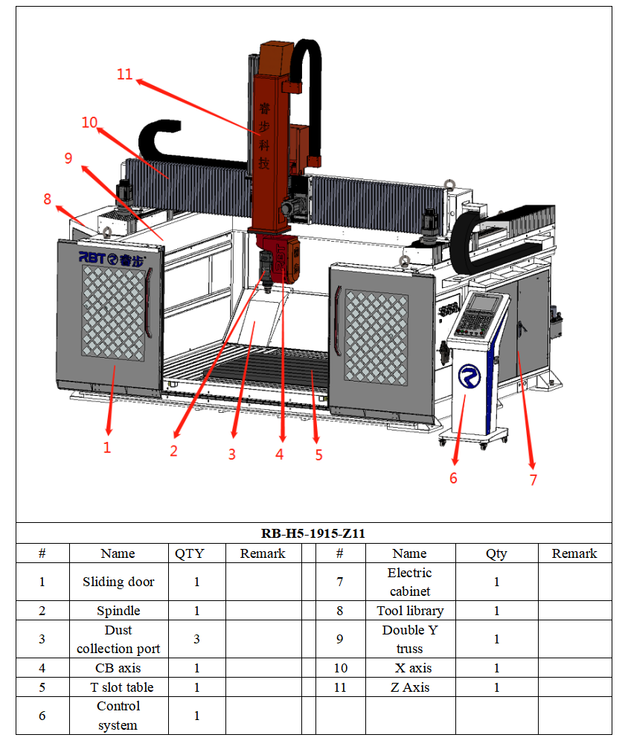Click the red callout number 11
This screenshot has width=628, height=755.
[124, 74]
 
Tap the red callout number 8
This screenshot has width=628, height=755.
[48, 199]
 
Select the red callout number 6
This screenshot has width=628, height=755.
[453, 478]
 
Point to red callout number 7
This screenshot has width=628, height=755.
[533, 480]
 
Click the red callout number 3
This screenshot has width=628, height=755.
[231, 454]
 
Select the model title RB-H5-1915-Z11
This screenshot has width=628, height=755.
[313, 533]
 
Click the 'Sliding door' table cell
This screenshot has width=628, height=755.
[118, 582]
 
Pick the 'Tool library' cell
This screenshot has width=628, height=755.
[409, 611]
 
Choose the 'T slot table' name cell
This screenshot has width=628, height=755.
[118, 687]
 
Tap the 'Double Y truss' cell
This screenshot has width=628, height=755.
[409, 639]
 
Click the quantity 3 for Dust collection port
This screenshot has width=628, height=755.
[197, 639]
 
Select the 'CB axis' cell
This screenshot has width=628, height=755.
[118, 668]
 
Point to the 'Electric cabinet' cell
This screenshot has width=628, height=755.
[409, 582]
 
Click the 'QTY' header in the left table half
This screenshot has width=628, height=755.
[190, 553]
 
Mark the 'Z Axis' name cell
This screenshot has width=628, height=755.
[409, 687]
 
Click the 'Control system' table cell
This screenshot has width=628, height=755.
[118, 716]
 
